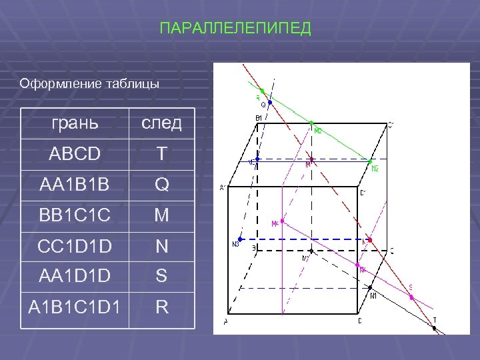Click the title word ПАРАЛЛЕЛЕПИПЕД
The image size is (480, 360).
[x=236, y=29]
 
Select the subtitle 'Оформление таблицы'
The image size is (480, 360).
[x=89, y=84]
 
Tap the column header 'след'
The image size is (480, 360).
[x=160, y=123]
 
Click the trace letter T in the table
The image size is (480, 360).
[x=161, y=154]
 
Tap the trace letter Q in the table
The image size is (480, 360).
[x=161, y=185]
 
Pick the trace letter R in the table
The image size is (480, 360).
[x=161, y=308]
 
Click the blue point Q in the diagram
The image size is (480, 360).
[x=270, y=103]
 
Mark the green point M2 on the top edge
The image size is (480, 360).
[x=311, y=123]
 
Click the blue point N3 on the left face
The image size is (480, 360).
[x=240, y=239]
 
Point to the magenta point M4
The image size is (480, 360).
[x=283, y=221]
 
